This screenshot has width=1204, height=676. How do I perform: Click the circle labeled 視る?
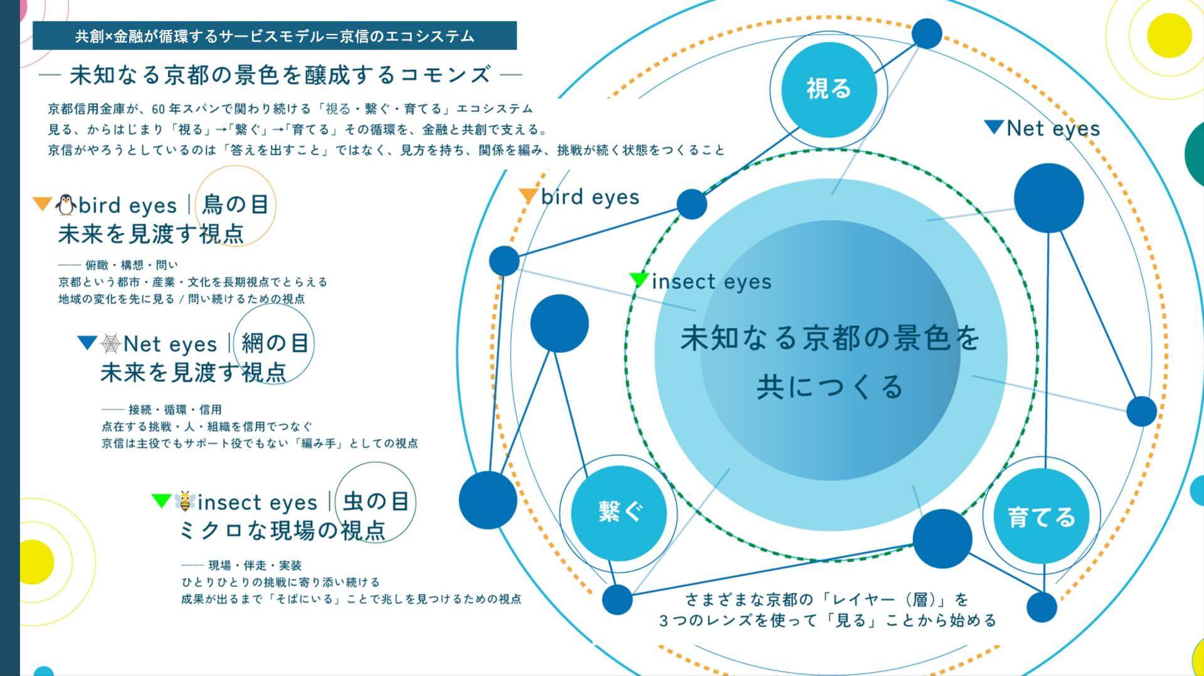[x=828, y=89]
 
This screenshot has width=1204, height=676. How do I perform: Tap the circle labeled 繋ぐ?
[x=618, y=513]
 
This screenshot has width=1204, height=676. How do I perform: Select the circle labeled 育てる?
[x=1041, y=517]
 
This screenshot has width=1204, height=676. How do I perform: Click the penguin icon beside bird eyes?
[x=65, y=204]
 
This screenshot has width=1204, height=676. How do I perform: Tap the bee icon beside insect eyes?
[x=184, y=502]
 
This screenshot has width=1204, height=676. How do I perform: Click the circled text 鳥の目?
[x=236, y=204]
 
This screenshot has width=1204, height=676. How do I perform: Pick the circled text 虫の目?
[x=376, y=502]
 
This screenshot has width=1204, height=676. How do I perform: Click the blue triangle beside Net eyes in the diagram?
[x=994, y=127]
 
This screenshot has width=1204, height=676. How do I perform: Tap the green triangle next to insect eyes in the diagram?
[x=639, y=280]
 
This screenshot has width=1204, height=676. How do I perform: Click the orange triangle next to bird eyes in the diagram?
[x=528, y=196]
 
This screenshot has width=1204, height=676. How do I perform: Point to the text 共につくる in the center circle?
[x=829, y=387]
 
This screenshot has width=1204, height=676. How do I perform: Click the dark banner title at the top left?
[x=275, y=36]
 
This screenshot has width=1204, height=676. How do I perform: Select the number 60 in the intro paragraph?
[x=158, y=109]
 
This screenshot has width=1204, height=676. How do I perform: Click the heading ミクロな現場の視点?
[x=282, y=531]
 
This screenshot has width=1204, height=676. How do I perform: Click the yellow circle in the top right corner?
[x=1169, y=36]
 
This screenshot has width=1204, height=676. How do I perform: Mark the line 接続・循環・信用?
[x=175, y=409]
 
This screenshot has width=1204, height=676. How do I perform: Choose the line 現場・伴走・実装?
[x=255, y=565]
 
